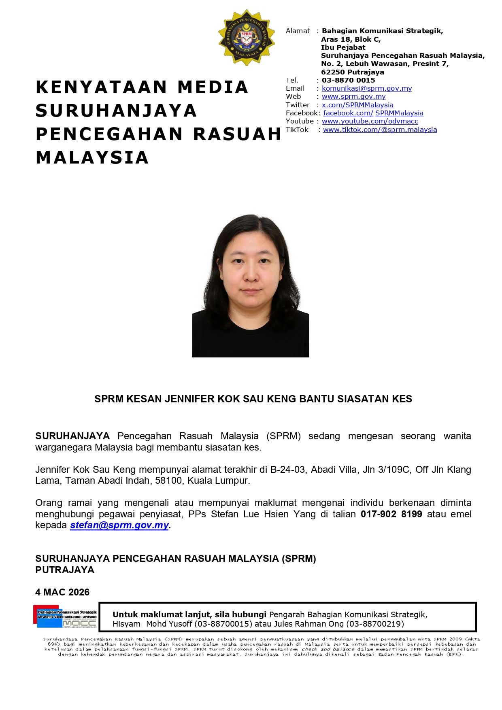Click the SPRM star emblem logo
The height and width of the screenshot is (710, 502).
(x=246, y=37)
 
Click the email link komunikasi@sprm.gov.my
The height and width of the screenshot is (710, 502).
(x=366, y=88)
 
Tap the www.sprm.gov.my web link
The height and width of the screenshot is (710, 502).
(x=353, y=96)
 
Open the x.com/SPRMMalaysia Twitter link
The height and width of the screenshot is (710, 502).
(x=357, y=105)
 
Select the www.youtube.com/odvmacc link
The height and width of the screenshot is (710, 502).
(x=370, y=121)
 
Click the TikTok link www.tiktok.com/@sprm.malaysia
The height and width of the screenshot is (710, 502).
(x=380, y=130)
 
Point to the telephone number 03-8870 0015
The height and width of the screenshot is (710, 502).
(x=348, y=80)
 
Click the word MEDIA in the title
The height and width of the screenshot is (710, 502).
(x=213, y=87)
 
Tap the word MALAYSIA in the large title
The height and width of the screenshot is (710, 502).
(x=92, y=157)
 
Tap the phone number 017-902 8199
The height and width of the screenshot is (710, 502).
(x=391, y=514)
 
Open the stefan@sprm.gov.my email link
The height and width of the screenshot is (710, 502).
(x=119, y=525)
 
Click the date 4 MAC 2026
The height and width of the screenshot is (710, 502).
(x=62, y=592)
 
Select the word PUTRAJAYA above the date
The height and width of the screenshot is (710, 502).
(x=65, y=570)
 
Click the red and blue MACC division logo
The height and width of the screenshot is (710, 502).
(x=65, y=616)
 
